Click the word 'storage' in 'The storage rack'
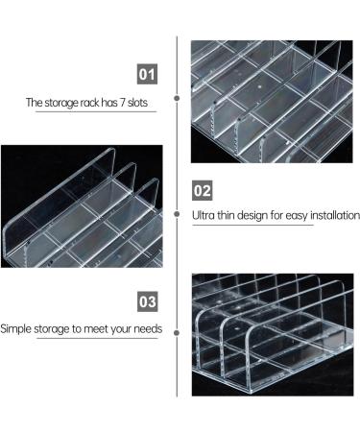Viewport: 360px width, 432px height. click(61, 102)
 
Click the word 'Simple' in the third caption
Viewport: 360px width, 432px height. click(17, 329)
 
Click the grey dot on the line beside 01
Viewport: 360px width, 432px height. click(178, 97)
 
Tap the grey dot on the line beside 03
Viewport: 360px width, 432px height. click(178, 330)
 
